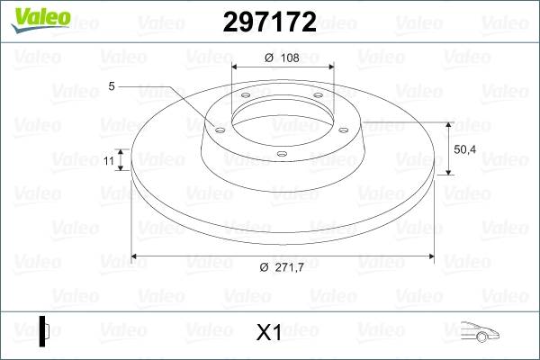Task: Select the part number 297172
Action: [269, 23]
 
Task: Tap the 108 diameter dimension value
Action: [289, 58]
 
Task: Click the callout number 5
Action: [112, 86]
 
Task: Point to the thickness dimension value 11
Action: [109, 160]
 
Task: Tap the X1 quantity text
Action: [269, 333]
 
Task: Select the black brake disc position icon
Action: [44, 330]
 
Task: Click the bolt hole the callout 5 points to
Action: [218, 128]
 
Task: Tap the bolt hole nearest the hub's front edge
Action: [281, 153]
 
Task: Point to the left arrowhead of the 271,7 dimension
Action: [135, 257]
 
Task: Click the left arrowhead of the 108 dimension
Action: [236, 67]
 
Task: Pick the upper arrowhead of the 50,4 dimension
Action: [447, 122]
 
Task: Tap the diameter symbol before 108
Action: [268, 58]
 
